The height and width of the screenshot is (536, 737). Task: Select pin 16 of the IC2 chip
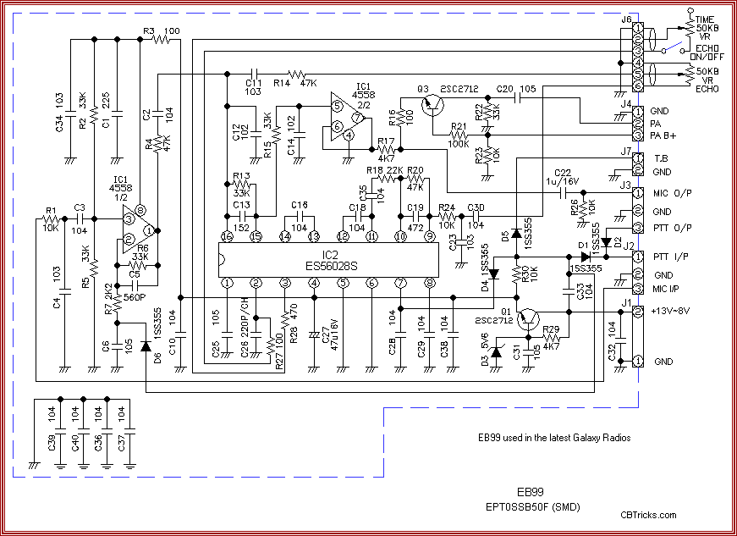pos(227,236)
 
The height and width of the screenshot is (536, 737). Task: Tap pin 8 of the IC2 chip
pos(430,282)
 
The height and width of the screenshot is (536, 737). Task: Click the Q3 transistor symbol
pos(434,103)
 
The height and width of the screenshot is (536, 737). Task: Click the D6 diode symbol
pos(146,345)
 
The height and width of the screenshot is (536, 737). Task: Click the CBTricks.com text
pos(648,514)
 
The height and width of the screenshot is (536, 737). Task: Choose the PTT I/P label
pos(668,256)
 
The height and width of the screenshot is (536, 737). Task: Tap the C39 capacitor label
pos(52,448)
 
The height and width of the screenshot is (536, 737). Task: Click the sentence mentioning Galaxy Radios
pos(553,437)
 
